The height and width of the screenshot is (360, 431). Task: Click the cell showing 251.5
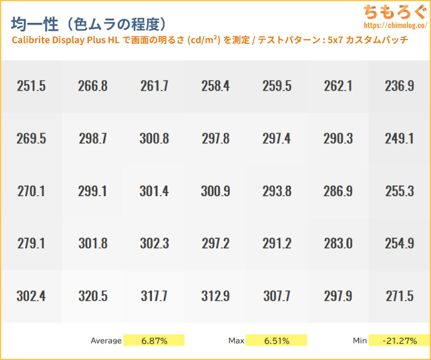(31, 86)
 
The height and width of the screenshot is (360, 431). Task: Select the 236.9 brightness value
(399, 86)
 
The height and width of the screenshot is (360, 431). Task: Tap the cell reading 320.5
(93, 296)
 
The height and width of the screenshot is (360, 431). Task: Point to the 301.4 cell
(154, 191)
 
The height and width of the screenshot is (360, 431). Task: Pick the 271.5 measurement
(399, 296)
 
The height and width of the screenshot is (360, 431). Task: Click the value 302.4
(31, 296)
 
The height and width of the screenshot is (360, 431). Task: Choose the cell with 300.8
(154, 139)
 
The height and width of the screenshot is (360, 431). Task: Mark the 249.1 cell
(399, 139)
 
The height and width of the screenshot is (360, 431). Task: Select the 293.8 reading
(277, 191)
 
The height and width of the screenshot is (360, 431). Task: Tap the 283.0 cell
(338, 244)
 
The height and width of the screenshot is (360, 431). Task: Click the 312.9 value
(216, 296)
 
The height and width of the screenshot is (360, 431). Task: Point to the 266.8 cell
(93, 86)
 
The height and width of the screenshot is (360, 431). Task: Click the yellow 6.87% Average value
(154, 341)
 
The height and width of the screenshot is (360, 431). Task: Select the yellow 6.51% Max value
(277, 341)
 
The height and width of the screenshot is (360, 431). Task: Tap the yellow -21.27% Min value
(399, 341)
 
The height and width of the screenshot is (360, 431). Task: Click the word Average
(106, 341)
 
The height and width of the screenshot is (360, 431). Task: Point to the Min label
(360, 341)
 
